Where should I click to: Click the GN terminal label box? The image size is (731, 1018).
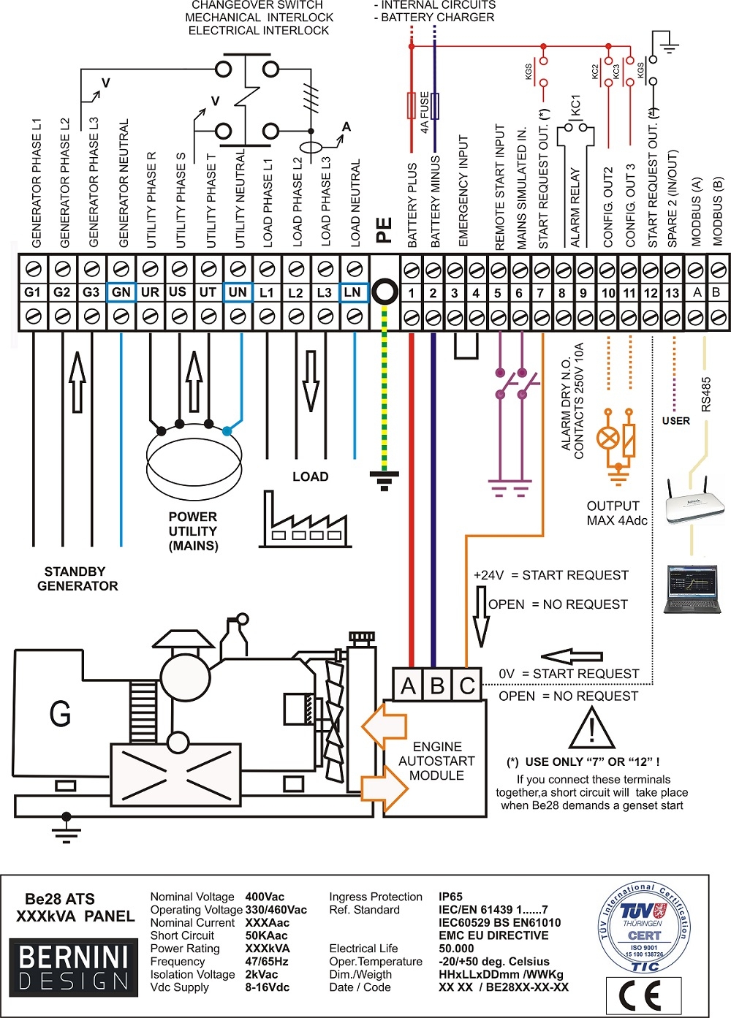click(x=121, y=292)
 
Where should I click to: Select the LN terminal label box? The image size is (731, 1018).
click(x=353, y=292)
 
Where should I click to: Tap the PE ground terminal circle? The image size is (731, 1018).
click(x=385, y=292)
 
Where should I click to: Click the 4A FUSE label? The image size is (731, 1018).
click(x=425, y=113)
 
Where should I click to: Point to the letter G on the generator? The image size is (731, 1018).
click(x=60, y=713)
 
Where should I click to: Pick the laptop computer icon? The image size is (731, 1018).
click(x=692, y=589)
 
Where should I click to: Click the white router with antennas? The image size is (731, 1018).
click(x=694, y=503)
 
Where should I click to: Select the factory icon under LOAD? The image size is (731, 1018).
click(x=304, y=521)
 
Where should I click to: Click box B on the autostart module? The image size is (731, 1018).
click(x=437, y=685)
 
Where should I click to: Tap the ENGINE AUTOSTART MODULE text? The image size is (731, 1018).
click(x=436, y=761)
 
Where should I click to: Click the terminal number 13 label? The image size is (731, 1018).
click(x=672, y=293)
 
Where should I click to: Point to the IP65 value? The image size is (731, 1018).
click(x=450, y=897)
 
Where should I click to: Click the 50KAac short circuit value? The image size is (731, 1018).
click(x=266, y=935)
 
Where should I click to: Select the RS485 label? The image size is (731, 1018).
click(x=705, y=395)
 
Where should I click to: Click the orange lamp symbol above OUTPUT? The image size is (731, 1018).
click(x=608, y=438)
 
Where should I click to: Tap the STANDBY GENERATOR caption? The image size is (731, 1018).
click(x=77, y=579)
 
